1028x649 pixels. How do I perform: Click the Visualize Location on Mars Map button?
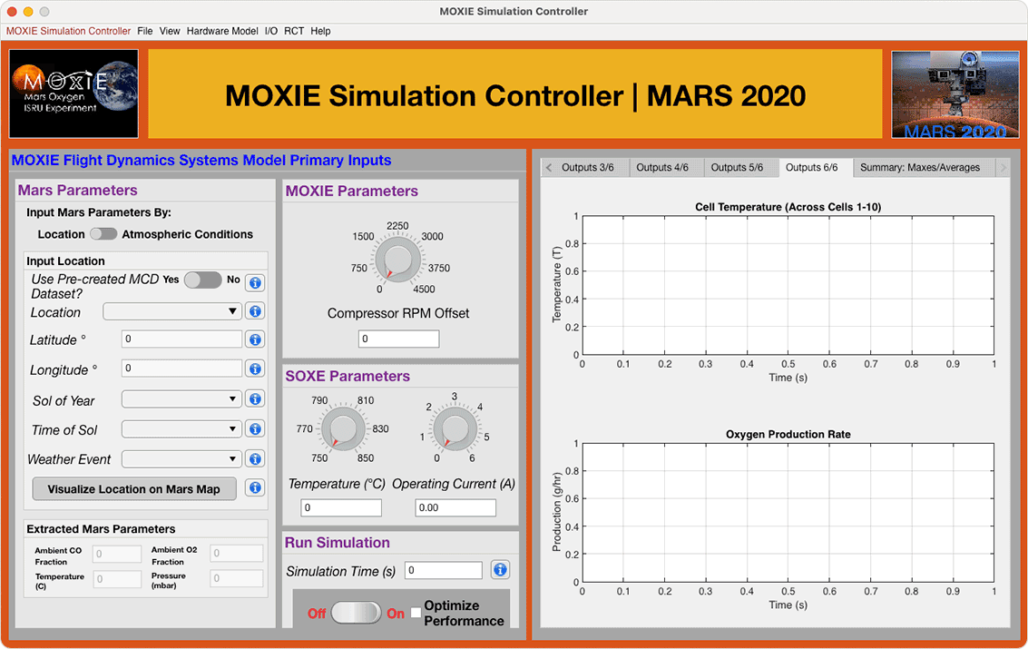(134, 489)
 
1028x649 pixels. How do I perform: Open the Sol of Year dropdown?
(181, 399)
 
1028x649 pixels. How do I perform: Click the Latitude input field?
(181, 339)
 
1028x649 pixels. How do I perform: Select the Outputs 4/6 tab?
(662, 168)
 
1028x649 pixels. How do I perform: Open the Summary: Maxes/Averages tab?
(920, 168)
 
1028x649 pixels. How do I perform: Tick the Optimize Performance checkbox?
(416, 613)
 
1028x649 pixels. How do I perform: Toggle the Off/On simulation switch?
(356, 613)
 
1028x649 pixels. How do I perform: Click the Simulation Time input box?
(443, 570)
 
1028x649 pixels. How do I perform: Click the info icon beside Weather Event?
(255, 459)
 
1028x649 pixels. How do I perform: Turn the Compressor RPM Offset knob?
(398, 261)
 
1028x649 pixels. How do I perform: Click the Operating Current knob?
(455, 429)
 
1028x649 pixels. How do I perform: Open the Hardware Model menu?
(222, 31)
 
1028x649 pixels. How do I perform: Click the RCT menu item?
(294, 31)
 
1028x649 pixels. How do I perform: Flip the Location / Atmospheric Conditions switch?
(103, 234)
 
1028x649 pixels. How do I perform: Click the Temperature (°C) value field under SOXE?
(341, 507)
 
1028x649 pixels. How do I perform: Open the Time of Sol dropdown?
(181, 428)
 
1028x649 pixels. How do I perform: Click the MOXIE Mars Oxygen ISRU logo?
(74, 93)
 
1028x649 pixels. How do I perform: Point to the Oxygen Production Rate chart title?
(788, 434)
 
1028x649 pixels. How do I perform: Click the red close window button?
(12, 11)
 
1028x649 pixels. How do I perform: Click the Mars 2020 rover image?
(955, 94)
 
